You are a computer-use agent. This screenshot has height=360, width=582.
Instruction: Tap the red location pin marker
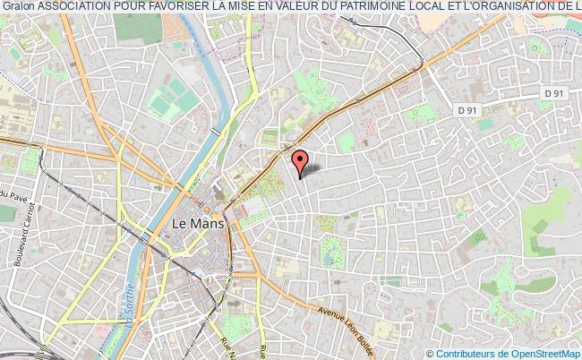[x=301, y=161]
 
